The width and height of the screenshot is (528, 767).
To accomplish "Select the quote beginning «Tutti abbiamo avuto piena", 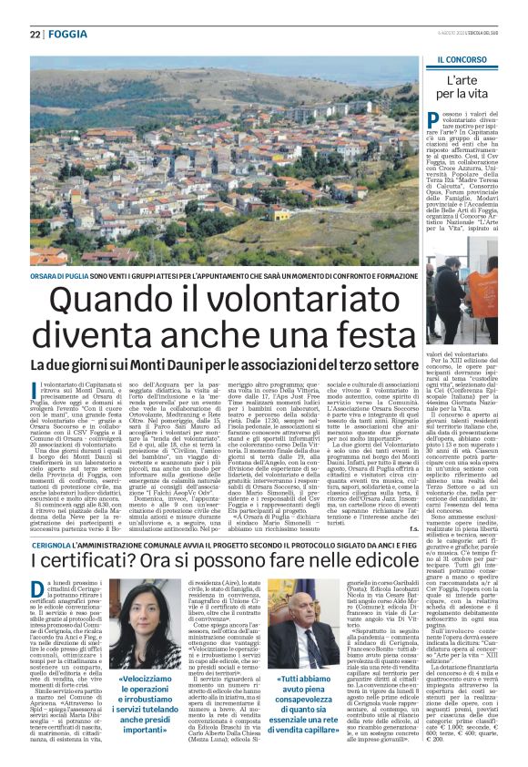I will point(302,698).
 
